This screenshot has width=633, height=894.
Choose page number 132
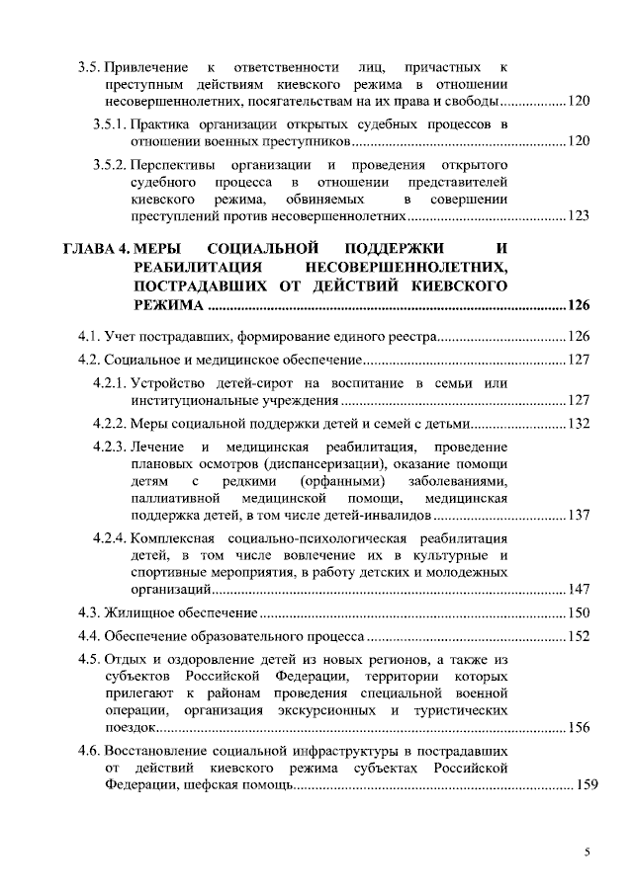point(579,425)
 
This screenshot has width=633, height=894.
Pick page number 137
point(579,516)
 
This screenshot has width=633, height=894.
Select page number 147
point(579,590)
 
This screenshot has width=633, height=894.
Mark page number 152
point(579,636)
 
